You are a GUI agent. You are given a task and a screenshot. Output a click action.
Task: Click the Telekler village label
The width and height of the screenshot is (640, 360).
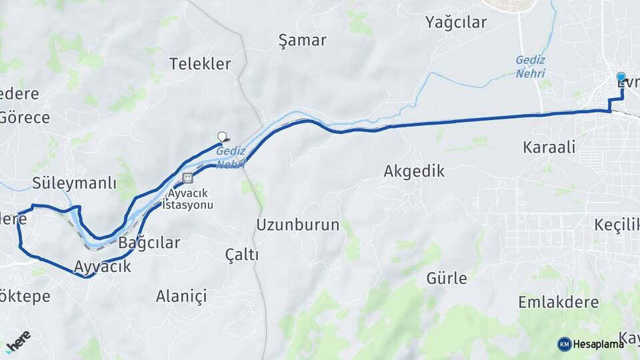click(x=200, y=64)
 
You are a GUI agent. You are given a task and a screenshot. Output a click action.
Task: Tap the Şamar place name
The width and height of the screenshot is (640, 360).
click(x=302, y=40)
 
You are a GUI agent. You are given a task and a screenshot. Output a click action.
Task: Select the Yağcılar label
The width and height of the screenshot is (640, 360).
click(x=456, y=22)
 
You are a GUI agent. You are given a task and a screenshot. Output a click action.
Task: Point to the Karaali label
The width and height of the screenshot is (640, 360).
click(x=549, y=147)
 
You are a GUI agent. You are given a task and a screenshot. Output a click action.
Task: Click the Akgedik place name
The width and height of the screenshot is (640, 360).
click(x=414, y=171)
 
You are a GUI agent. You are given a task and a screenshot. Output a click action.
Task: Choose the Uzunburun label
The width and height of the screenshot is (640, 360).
click(x=297, y=224)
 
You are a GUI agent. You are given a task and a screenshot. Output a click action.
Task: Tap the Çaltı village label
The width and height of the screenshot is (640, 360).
click(x=241, y=255)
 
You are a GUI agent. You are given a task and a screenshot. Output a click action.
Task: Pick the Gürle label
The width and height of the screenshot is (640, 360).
click(x=447, y=278)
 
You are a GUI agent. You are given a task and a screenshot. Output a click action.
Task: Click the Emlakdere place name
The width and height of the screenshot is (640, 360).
click(x=559, y=302)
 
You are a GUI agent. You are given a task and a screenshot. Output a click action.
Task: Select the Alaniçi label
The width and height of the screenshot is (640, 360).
click(x=181, y=295)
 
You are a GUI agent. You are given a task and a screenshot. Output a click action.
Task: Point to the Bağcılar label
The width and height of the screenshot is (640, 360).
click(x=149, y=243)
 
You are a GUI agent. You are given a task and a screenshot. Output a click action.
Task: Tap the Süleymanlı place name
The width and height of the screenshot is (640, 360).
click(x=75, y=183)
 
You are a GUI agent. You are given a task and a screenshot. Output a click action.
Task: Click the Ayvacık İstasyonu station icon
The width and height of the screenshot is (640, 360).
click(x=187, y=178)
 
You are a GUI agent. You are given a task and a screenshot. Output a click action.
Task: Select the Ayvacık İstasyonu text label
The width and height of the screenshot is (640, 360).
click(x=191, y=199)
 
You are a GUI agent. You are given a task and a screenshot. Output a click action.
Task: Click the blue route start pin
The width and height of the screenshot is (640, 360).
click(x=621, y=78)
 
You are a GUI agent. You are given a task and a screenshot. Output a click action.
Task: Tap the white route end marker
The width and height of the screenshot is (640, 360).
click(x=222, y=137)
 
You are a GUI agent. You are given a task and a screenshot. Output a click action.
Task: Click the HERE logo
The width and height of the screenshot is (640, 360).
click(x=18, y=340)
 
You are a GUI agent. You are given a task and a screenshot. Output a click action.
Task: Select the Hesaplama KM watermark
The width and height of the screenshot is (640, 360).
click(x=591, y=344)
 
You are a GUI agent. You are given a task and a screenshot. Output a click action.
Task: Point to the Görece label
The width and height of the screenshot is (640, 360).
click(x=25, y=118)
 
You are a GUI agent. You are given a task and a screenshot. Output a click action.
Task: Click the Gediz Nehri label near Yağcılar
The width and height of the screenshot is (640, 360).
click(x=531, y=66)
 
